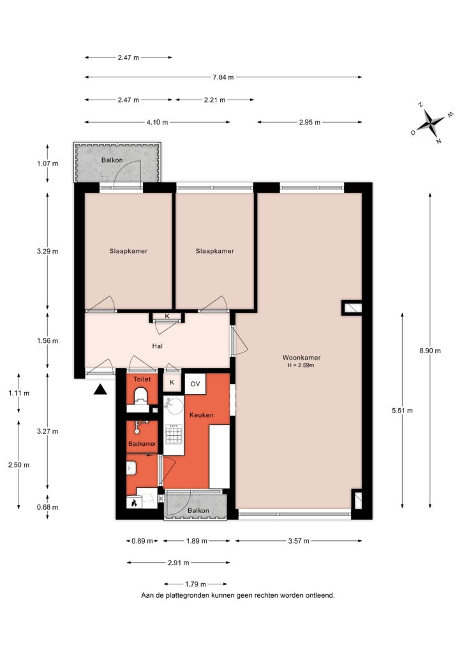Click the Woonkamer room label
click(x=301, y=358)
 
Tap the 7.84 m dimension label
click(x=223, y=77)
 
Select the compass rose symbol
click(x=429, y=123)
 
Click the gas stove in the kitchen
click(x=174, y=434)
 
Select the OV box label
click(x=195, y=384)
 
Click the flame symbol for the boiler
click(x=134, y=503)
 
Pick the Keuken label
click(x=202, y=415)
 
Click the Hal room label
click(x=158, y=346)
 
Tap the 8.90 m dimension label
click(x=430, y=351)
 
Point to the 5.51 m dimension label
click(x=403, y=411)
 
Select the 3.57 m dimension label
click(x=299, y=541)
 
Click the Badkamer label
click(x=142, y=444)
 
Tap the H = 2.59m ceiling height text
click(x=301, y=365)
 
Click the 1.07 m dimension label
click(x=47, y=163)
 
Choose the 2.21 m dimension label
click(x=214, y=100)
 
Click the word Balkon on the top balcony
click(x=112, y=160)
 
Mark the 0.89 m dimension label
click(x=142, y=541)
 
